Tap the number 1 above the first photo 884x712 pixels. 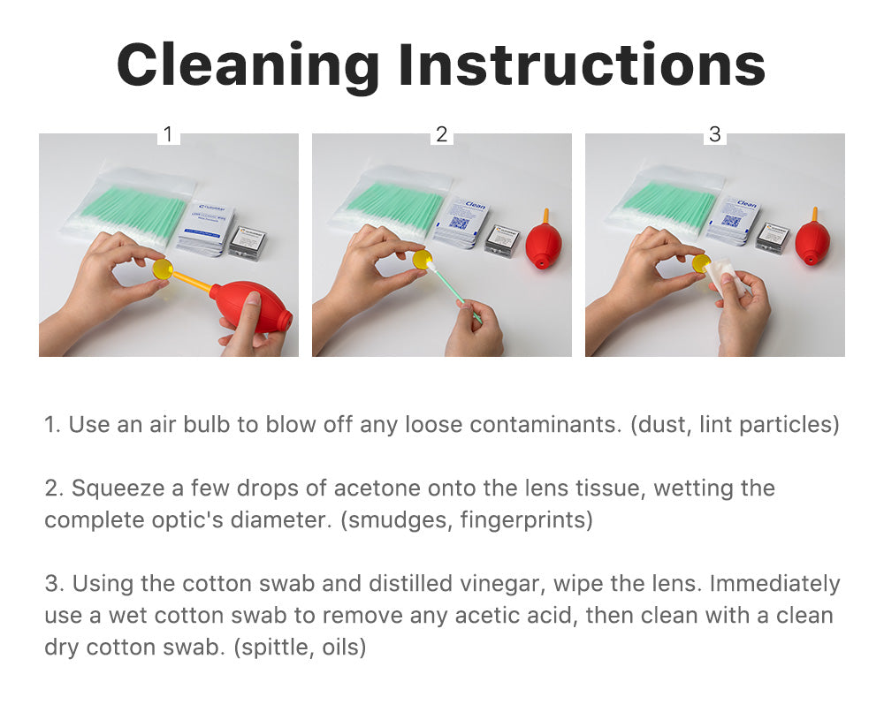click(x=167, y=134)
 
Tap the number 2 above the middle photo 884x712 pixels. click(x=441, y=134)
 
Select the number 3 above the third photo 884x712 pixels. click(x=715, y=134)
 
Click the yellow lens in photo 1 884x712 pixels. click(x=163, y=269)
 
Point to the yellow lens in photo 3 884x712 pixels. click(x=701, y=263)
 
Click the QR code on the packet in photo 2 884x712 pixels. click(x=458, y=223)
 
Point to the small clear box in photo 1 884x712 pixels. click(x=248, y=243)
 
